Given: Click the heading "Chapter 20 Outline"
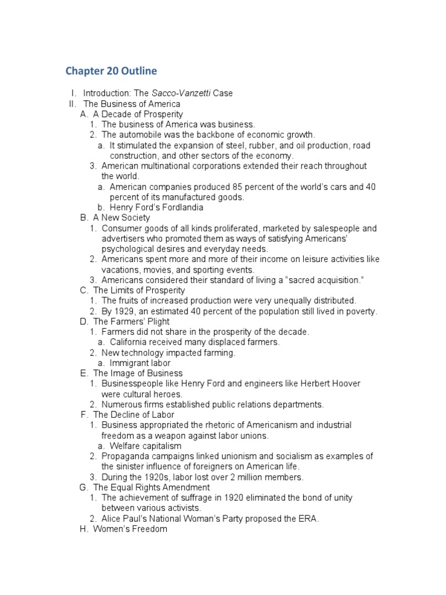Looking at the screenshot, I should [x=111, y=71].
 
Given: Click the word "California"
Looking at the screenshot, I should [x=130, y=342].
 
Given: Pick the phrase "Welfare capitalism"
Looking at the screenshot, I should [x=145, y=446].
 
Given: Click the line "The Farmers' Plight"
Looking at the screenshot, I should [x=131, y=321].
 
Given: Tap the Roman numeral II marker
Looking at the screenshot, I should [x=73, y=104].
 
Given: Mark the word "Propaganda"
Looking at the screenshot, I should [x=124, y=456].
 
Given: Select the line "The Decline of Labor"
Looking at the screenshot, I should [x=134, y=415].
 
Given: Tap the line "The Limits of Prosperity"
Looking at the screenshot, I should [x=139, y=290].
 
